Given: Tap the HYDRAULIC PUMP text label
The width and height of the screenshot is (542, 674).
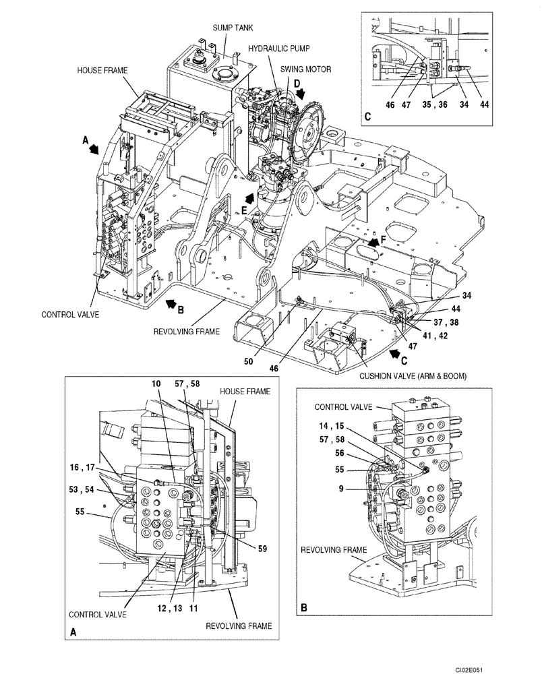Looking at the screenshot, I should [x=276, y=49].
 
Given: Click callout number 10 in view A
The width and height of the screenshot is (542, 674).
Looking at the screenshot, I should [x=156, y=384].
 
